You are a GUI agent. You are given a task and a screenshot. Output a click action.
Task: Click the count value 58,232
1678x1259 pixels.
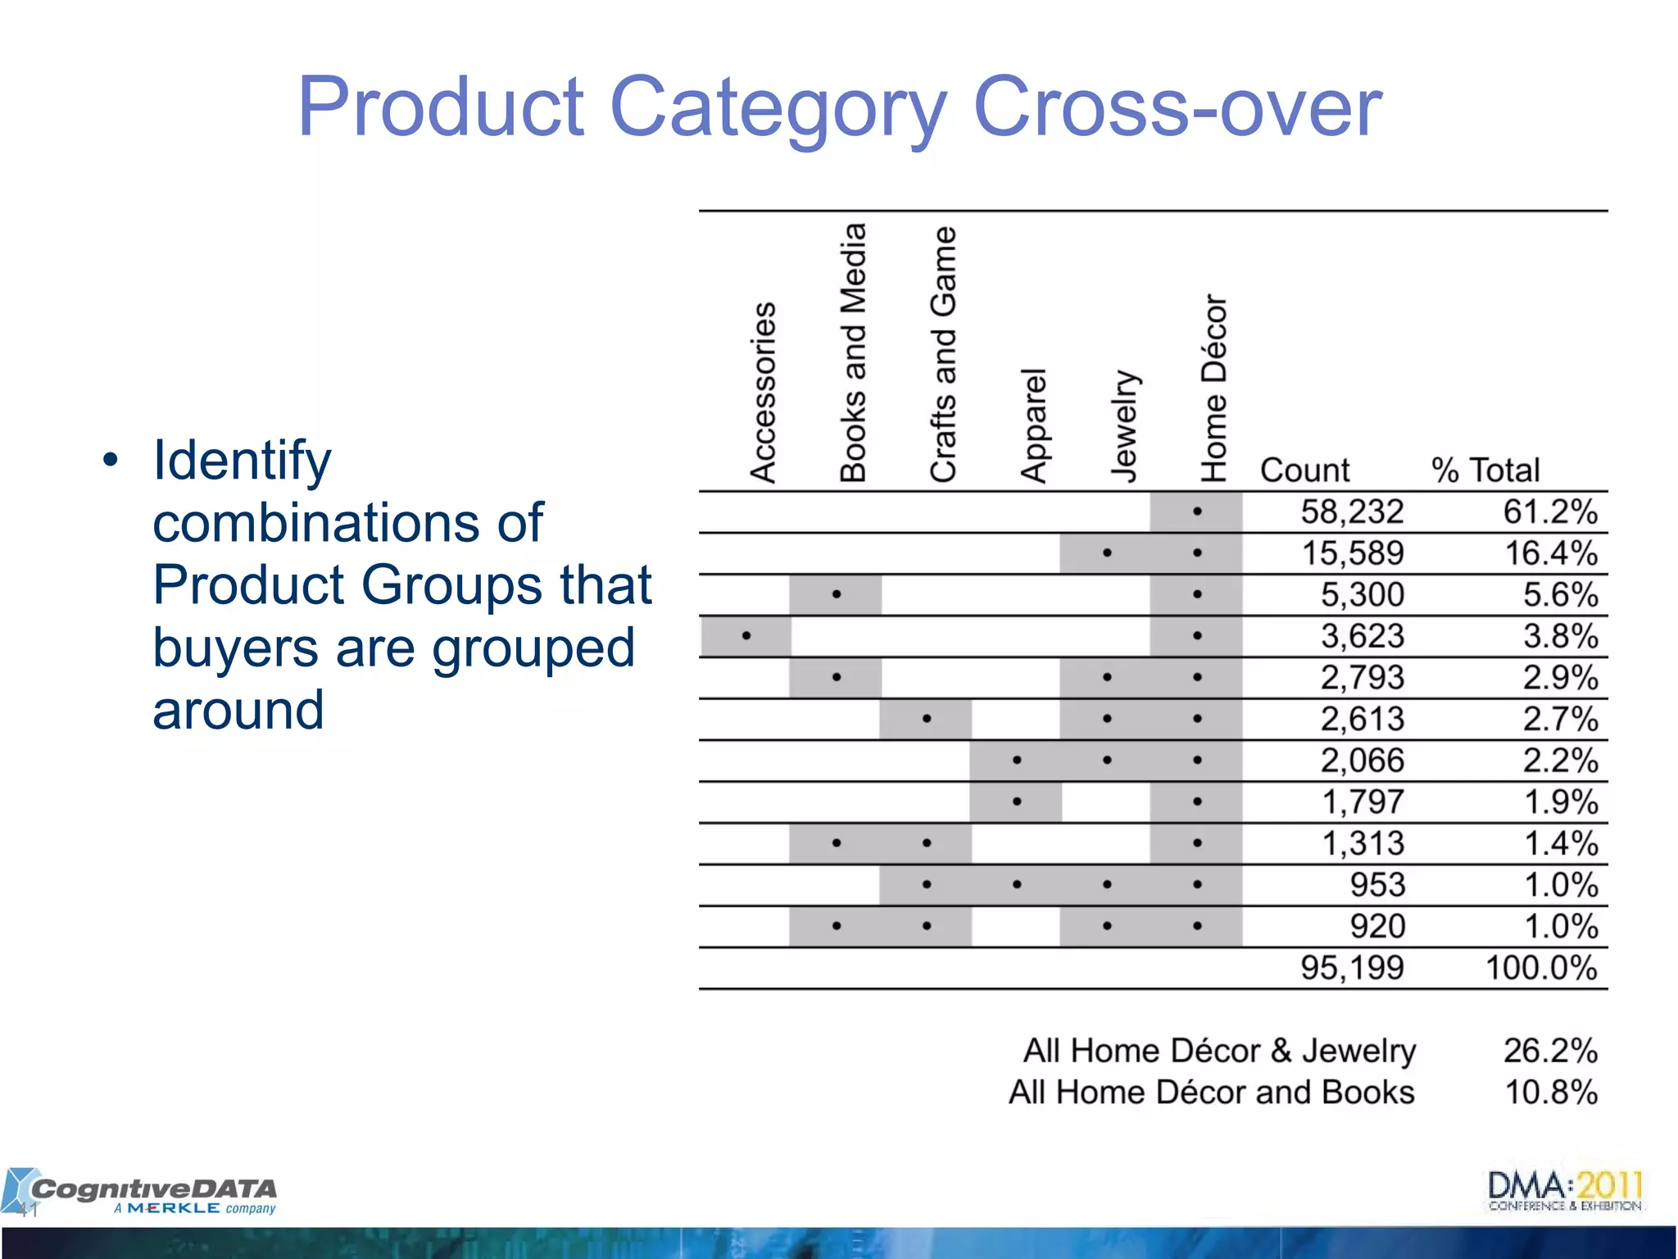click(1352, 512)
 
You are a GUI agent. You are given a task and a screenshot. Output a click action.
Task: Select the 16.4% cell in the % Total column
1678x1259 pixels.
click(1550, 553)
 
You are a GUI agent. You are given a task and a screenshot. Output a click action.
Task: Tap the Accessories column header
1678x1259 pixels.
click(763, 392)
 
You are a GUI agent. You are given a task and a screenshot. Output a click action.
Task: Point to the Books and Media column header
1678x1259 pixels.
click(853, 352)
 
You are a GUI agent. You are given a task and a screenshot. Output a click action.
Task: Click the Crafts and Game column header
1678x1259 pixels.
click(943, 354)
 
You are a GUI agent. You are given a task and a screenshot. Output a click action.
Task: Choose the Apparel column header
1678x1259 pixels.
click(1033, 425)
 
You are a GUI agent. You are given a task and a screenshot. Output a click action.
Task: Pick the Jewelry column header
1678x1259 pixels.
click(1123, 425)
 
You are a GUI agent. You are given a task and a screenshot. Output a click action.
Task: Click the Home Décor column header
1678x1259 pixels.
click(1213, 388)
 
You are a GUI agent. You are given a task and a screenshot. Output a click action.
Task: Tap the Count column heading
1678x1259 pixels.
click(1304, 470)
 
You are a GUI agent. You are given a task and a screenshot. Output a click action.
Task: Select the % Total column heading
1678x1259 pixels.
click(1485, 470)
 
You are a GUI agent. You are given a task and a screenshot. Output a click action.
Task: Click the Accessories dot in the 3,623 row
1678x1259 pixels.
click(746, 635)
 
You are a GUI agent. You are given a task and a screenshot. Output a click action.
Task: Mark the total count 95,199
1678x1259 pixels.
click(1352, 968)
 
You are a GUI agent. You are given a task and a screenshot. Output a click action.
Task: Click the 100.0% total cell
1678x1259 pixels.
click(1541, 968)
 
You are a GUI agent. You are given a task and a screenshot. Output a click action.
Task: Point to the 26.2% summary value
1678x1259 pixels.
click(1550, 1051)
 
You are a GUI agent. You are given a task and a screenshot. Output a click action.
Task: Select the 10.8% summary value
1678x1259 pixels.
click(1550, 1093)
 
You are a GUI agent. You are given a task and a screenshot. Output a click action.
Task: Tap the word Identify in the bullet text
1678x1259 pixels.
click(243, 460)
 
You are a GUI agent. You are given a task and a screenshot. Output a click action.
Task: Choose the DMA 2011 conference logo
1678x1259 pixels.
click(1565, 1191)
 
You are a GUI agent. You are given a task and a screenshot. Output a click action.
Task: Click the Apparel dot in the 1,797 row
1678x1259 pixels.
click(1017, 802)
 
